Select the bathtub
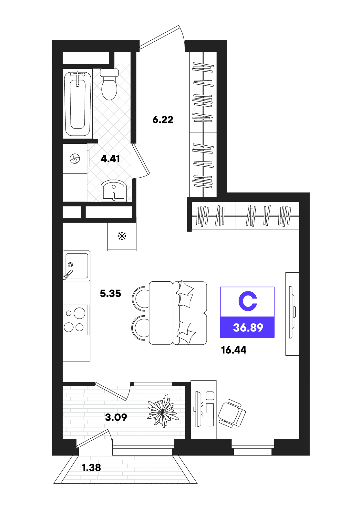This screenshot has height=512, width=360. [77, 104]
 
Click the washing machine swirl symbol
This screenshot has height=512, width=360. [75, 158]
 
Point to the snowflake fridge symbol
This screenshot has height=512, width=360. [122, 236]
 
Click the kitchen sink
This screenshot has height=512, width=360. [76, 266]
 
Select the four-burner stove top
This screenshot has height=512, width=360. [75, 320]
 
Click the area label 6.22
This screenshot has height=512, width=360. [163, 120]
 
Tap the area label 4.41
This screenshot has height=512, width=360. [110, 159]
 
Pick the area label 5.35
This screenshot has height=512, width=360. [110, 293]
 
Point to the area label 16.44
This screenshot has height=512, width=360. [234, 350]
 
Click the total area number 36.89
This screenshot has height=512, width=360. [248, 328]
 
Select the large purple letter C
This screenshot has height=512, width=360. [248, 301]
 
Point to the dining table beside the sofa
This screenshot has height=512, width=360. [161, 313]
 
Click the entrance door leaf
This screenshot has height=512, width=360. [159, 37]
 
